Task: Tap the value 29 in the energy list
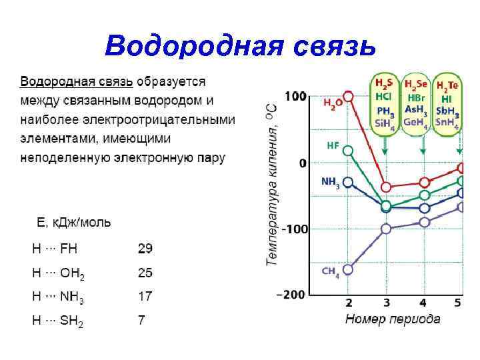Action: [145, 249]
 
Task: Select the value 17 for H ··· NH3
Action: [145, 296]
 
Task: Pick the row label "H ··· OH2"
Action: [59, 273]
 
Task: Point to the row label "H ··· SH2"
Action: [59, 321]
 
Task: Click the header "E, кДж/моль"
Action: [73, 222]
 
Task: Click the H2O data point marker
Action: [347, 96]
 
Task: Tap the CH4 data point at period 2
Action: [347, 269]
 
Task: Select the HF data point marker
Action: [347, 150]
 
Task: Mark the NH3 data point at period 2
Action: [347, 181]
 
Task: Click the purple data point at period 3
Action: [385, 229]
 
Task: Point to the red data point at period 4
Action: [424, 182]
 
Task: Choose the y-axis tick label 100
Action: [295, 97]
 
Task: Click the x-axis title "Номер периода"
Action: [393, 319]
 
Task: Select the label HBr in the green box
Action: [416, 97]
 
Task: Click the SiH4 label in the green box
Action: [385, 123]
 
